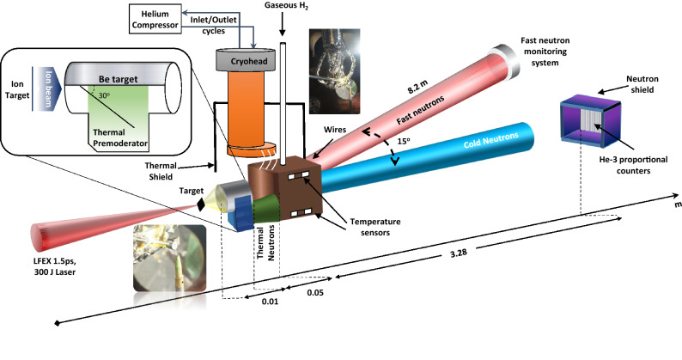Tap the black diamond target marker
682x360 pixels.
point(201,204)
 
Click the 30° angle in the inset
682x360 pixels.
point(104,95)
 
